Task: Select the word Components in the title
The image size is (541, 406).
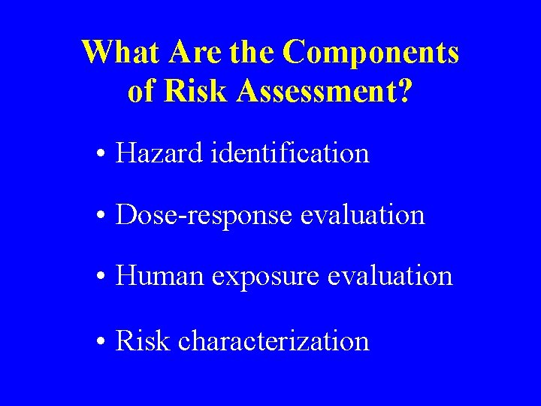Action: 372,53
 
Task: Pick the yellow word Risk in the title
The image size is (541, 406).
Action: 195,91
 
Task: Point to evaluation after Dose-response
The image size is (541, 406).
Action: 362,215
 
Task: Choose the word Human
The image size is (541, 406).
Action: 159,276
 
